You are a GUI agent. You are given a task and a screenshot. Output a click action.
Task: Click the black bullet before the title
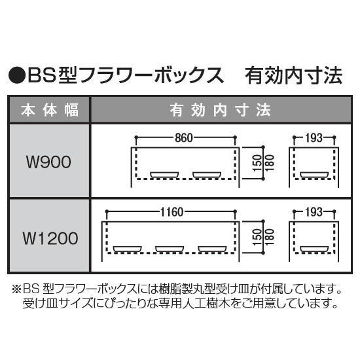17,75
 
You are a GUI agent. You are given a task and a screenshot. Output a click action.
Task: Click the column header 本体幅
50,110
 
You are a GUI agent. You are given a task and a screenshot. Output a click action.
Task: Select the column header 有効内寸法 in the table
221,110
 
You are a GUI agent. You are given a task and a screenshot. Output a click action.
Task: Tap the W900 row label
48,162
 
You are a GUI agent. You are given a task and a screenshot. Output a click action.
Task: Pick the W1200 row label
50,238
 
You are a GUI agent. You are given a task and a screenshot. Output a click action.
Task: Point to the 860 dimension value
184,137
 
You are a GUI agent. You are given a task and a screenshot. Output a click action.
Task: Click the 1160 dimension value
172,212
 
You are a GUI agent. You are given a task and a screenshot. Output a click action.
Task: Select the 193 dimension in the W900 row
314,137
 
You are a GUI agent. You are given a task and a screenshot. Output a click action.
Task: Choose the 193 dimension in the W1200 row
314,212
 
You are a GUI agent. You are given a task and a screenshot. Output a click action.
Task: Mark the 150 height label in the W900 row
257,163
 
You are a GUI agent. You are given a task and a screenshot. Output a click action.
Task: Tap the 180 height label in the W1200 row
270,237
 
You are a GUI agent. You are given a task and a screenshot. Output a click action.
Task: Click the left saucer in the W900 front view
164,175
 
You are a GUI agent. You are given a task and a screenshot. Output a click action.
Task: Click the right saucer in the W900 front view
207,175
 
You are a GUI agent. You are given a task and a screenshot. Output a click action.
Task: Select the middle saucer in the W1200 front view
170,249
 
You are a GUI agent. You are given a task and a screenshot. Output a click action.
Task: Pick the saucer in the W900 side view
314,175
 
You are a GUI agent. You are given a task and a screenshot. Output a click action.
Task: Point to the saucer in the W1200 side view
314,249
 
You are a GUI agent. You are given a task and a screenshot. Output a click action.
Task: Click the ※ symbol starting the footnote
17,290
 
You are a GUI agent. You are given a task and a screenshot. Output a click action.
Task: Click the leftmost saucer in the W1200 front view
128,249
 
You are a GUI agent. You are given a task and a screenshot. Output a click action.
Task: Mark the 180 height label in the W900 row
270,163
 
